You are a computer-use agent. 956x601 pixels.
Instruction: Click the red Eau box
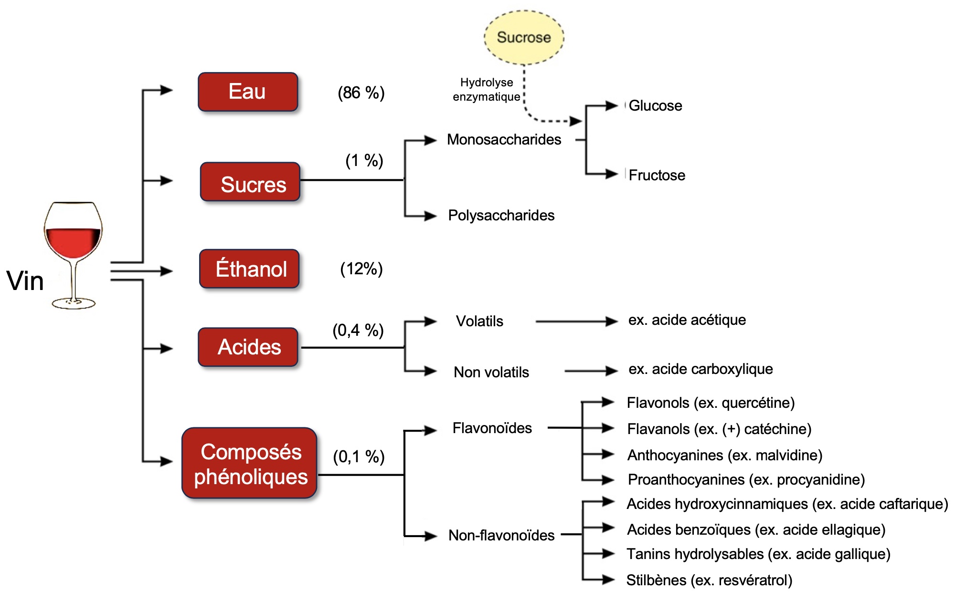[x=248, y=92]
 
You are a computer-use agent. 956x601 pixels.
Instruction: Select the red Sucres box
[x=250, y=182]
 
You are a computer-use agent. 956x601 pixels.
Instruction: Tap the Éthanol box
[x=249, y=269]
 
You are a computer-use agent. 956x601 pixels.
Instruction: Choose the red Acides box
[x=248, y=347]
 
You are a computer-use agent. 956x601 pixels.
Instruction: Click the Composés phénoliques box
[x=249, y=463]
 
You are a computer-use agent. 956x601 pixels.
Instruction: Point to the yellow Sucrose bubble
[x=524, y=37]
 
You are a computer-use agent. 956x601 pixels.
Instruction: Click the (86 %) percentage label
[x=361, y=93]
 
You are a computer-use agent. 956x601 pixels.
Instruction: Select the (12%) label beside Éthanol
[x=361, y=269]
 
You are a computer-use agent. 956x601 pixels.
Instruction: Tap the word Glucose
[x=655, y=105]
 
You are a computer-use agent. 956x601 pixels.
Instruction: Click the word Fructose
[x=656, y=175]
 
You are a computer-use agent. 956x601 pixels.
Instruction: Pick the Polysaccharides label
[x=501, y=215]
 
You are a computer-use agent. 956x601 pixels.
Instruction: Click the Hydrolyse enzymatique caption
[x=486, y=90]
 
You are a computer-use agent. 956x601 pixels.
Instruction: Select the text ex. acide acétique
[x=687, y=320]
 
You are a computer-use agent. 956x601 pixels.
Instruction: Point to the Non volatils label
[x=491, y=372]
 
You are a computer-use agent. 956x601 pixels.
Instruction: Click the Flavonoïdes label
[x=492, y=428]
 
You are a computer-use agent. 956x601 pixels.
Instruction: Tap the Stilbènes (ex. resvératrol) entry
[x=709, y=580]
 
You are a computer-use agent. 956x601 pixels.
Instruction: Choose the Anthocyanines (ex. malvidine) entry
[x=724, y=455]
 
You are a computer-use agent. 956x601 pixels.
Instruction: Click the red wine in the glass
[x=73, y=242]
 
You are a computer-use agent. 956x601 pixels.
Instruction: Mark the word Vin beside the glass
[x=25, y=280]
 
